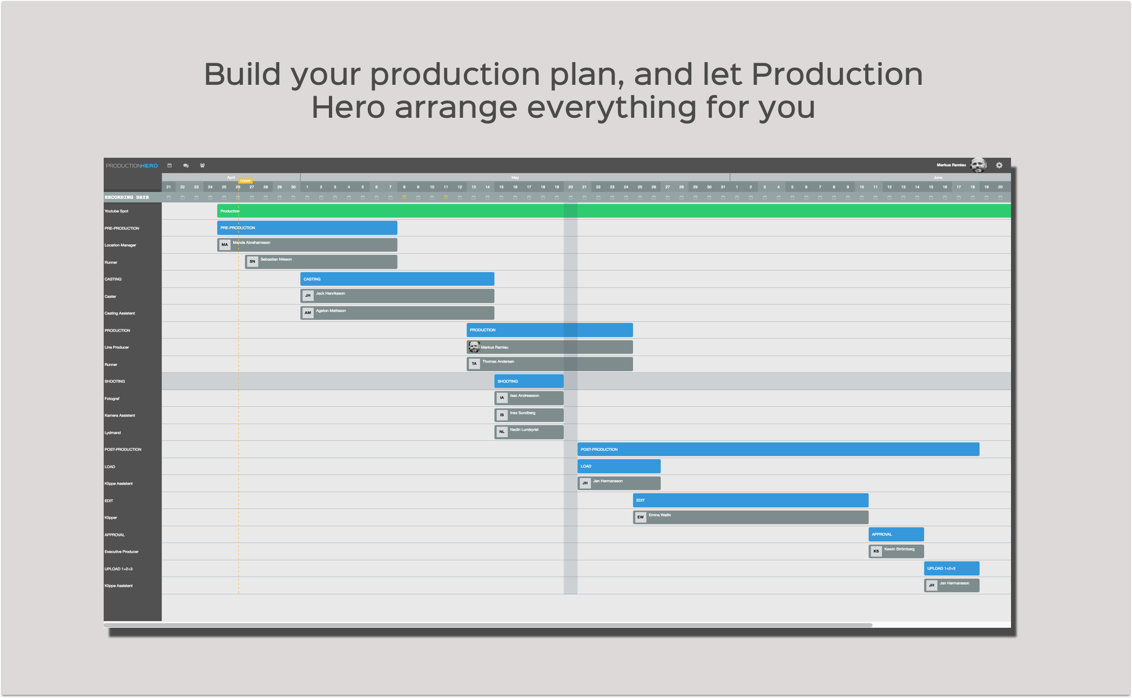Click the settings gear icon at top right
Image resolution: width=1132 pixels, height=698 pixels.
point(999,165)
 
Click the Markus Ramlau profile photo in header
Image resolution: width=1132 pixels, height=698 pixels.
point(978,165)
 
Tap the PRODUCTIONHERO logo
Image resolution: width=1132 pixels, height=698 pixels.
point(132,166)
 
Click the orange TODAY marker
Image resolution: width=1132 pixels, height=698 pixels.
point(245,181)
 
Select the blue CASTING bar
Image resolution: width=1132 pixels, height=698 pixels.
point(397,279)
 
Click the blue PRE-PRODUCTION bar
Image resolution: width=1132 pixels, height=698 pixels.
point(307,228)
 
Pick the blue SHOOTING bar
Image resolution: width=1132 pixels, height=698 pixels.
point(529,381)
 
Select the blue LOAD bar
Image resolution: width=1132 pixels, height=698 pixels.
point(618,466)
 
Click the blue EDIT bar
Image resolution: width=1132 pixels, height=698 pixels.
point(750,500)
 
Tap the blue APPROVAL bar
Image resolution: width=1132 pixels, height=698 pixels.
point(896,534)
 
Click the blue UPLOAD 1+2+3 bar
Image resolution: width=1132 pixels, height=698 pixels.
point(951,568)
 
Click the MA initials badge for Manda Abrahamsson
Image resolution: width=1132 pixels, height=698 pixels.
point(225,245)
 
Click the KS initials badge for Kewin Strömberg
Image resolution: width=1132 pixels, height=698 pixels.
point(876,552)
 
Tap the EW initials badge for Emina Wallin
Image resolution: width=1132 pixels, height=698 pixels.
point(641,518)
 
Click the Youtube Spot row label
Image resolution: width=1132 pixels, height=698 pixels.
point(117,211)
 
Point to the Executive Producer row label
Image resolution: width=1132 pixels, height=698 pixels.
point(122,552)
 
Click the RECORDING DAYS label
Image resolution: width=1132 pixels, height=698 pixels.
point(127,197)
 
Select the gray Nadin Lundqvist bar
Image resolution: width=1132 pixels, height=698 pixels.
point(535,432)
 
